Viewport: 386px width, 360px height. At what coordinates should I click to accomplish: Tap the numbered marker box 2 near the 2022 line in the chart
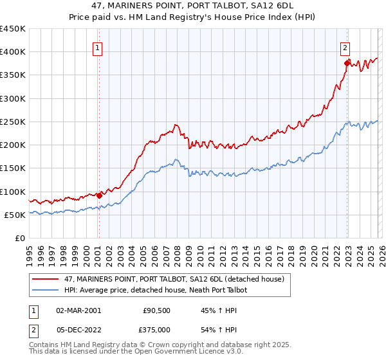click(x=345, y=47)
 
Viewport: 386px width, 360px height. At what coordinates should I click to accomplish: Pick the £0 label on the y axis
click(x=19, y=238)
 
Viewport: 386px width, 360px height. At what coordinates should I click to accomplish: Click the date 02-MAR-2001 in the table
click(x=78, y=310)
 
